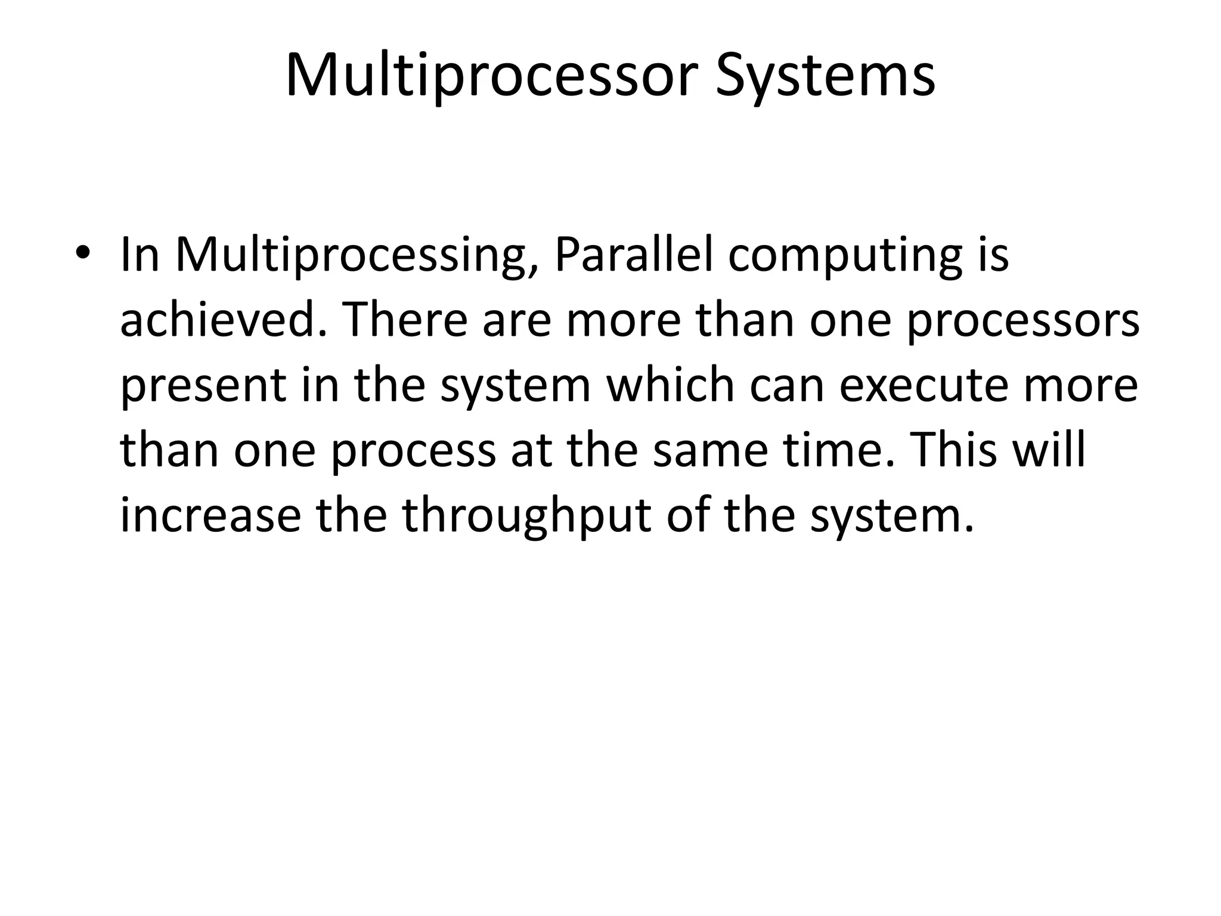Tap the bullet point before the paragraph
point(82,253)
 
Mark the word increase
point(210,516)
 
